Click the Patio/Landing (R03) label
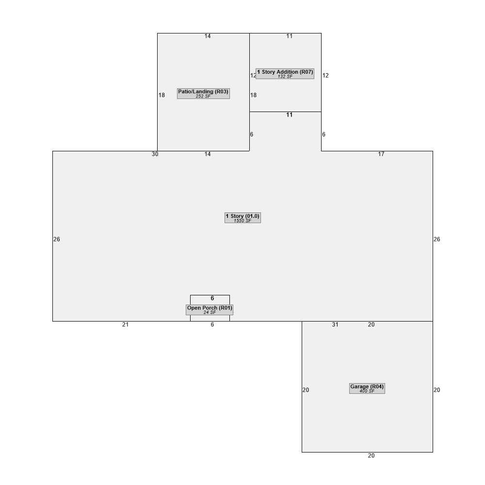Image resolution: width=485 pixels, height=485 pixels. point(203,94)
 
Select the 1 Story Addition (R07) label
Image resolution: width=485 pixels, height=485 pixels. point(285,74)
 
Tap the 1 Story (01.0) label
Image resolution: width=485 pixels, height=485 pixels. point(242,218)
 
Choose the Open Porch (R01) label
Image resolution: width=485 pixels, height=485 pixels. point(210,309)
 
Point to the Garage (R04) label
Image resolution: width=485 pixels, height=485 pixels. point(367,388)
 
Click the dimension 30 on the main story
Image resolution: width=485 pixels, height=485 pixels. point(155,154)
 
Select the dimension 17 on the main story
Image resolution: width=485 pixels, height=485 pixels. point(381,154)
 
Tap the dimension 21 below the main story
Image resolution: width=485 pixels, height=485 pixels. point(125,324)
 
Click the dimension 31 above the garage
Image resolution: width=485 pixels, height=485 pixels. point(335,324)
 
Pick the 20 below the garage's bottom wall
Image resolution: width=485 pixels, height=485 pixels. point(371,455)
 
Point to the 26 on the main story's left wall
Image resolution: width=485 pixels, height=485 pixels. point(57,239)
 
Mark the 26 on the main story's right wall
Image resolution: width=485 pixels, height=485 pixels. point(437,239)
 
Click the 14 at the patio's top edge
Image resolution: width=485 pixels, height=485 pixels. point(208,36)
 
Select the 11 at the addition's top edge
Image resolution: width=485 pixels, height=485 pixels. point(289,36)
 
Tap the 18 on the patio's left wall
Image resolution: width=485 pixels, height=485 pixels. point(162,95)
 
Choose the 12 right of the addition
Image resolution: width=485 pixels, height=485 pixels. point(325,76)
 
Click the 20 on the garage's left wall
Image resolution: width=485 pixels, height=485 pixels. point(306,390)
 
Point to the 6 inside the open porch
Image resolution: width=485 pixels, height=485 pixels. point(212,298)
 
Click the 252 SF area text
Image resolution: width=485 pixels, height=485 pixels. point(203,96)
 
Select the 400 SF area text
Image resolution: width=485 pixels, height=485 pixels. point(367,391)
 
